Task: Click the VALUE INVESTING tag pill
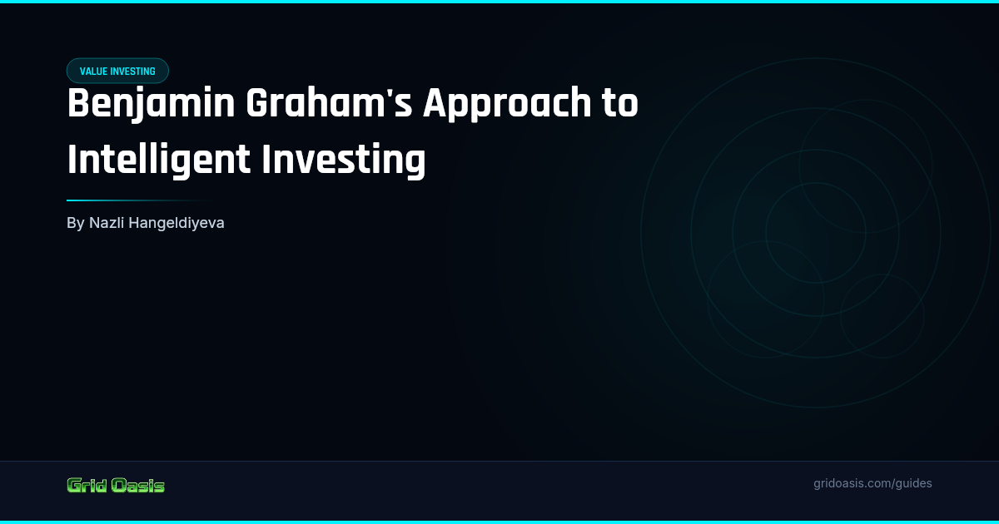point(117,72)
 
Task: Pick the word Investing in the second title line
point(344,160)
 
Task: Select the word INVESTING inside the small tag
point(132,72)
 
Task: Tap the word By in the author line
point(75,223)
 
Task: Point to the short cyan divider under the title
point(142,200)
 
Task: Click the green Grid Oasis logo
point(116,486)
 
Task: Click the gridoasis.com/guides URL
point(872,483)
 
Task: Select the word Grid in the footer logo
point(85,486)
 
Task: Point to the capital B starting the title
point(77,105)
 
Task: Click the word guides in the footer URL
point(913,483)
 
